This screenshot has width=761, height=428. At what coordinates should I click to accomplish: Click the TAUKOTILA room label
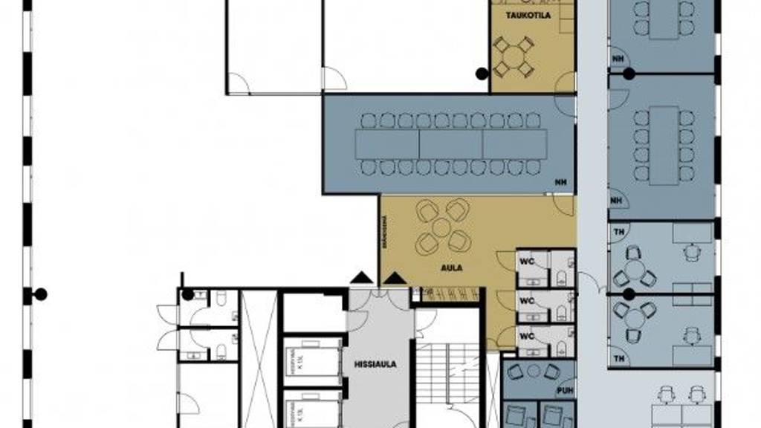[x=528, y=14]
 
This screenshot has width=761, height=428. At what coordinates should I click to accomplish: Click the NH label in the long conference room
[x=560, y=183]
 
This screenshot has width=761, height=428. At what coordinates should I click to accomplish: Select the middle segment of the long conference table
[x=450, y=144]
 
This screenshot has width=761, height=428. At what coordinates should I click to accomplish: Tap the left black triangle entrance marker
[x=362, y=278]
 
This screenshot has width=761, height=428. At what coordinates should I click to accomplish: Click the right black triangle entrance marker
[x=395, y=278]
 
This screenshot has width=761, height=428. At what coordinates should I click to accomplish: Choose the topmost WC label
[x=526, y=262]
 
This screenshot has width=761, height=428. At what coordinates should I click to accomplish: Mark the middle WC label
[x=526, y=301]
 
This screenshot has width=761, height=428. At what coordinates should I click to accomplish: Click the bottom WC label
[x=526, y=335]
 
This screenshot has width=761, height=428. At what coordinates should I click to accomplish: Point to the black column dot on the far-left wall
[x=41, y=294]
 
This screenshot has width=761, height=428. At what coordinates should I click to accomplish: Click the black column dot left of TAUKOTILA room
[x=482, y=73]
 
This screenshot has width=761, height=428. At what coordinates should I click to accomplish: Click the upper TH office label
[x=618, y=231]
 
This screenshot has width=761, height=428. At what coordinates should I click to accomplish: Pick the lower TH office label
[x=618, y=360]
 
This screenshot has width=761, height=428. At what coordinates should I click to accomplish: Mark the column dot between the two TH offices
[x=629, y=294]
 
